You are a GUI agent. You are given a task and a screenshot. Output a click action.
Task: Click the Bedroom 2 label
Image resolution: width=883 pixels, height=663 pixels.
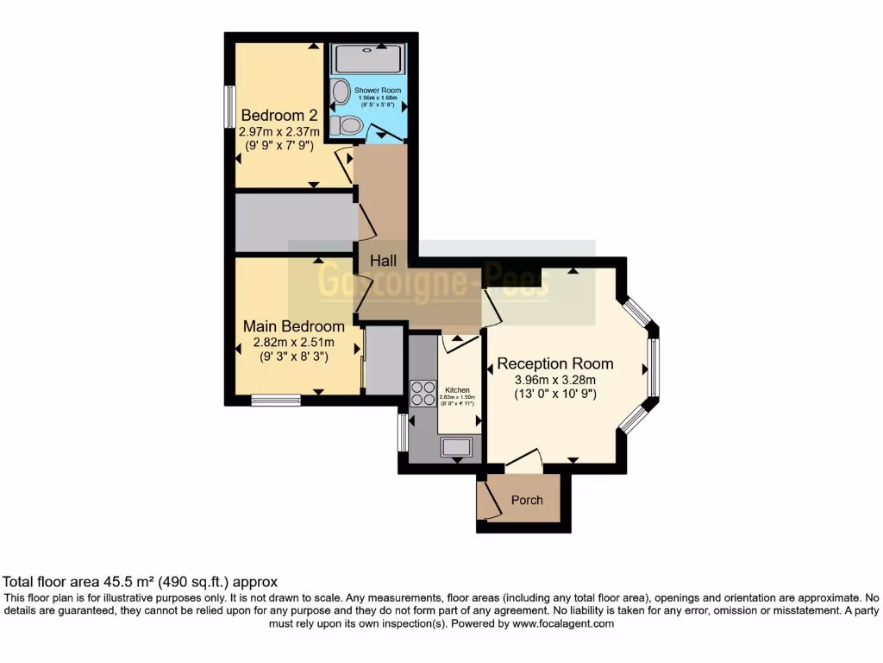pos(279,116)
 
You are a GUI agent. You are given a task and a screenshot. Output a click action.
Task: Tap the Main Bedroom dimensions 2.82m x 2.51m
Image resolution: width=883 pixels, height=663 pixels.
pos(294,342)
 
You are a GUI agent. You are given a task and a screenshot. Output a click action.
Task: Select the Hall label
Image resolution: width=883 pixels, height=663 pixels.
pos(384,260)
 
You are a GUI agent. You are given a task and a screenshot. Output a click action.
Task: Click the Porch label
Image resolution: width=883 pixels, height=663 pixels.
pos(527,500)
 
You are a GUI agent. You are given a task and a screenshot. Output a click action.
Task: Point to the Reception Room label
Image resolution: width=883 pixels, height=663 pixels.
pos(555,363)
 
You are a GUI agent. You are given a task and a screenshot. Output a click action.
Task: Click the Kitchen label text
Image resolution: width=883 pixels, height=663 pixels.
pos(458,391)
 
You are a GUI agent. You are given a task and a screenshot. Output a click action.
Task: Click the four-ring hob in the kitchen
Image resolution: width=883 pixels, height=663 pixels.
pos(423,393)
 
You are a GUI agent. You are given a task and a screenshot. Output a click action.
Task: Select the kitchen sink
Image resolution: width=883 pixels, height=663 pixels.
pos(455,446)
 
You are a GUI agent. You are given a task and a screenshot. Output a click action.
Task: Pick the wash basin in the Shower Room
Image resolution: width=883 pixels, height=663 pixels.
pos(341,92)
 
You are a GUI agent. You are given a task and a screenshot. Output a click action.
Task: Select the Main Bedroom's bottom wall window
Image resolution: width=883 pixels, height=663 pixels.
pos(276,400)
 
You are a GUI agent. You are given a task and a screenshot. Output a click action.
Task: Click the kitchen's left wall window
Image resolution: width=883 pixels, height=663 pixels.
pos(402,432)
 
